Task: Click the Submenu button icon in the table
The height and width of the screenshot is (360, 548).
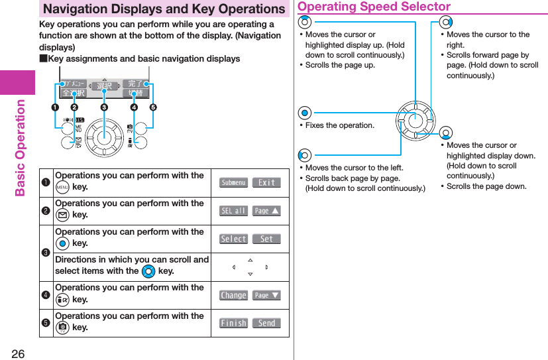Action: tap(233, 182)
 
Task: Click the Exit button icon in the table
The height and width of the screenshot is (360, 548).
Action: tap(266, 182)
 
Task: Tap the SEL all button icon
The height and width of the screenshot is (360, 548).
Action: tap(233, 211)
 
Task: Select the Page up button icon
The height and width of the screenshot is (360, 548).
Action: tap(266, 211)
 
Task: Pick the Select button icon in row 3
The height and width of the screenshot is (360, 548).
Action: tap(233, 239)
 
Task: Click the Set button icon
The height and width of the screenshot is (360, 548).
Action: tap(266, 239)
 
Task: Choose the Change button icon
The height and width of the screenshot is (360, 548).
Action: tap(233, 295)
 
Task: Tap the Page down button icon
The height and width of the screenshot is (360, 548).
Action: tap(266, 295)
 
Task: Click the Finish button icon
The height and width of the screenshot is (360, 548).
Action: tap(233, 323)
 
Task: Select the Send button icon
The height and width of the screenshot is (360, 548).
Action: tap(266, 323)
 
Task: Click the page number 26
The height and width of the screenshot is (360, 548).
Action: tap(18, 353)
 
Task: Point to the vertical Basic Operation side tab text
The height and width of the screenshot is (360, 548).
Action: tap(20, 148)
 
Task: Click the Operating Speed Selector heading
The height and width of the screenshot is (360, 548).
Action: tap(374, 7)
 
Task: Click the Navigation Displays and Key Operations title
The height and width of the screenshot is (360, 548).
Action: tap(164, 9)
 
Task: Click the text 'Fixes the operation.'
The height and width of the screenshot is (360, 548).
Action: tap(340, 125)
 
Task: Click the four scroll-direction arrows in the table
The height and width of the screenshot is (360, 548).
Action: tap(250, 267)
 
